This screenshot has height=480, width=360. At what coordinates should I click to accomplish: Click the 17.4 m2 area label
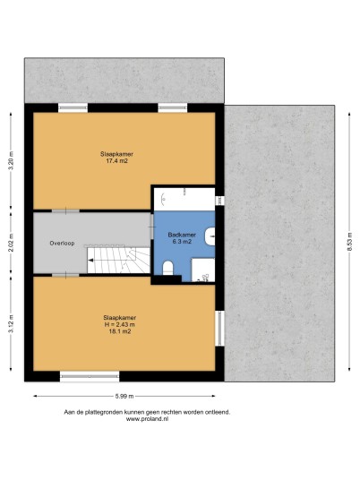pos(116,161)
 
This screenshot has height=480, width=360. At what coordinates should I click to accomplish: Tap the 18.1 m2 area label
pos(120,331)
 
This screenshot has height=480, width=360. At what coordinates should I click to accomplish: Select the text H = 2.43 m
pos(120,324)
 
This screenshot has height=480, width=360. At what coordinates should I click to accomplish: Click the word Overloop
pos(62,244)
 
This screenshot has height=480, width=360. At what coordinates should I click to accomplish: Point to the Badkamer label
pos(182,235)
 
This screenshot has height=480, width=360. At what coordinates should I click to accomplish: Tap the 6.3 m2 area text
pos(182,242)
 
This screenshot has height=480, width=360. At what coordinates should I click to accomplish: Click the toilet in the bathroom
pos(167,268)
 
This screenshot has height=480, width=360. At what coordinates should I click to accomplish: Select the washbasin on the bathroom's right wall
pos(210,236)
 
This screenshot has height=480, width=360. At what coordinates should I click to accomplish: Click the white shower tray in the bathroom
pos(203,270)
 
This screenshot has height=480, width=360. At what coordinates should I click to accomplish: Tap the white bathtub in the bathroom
pos(184,200)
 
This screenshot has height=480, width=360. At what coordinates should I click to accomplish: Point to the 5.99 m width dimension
pos(124,396)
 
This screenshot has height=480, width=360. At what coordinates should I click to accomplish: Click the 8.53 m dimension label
pos(349,242)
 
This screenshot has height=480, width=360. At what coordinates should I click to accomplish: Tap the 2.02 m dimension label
pos(11,243)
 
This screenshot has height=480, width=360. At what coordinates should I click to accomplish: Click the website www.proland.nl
pos(147,419)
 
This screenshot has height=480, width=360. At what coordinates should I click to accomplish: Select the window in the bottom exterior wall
pos(90,376)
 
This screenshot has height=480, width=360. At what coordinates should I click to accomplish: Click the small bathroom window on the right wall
pos(219,201)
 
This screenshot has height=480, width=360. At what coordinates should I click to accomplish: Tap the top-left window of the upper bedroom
pos(73,108)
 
